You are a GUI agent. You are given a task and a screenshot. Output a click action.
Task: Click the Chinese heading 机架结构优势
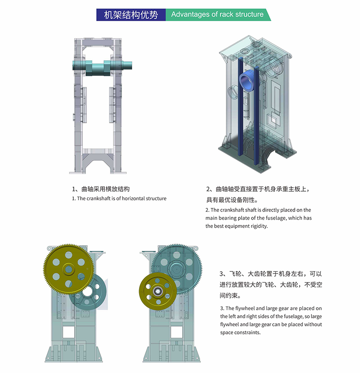131,15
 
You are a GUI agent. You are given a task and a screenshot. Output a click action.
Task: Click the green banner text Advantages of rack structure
217,14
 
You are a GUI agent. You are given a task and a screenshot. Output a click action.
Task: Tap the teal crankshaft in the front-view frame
102,67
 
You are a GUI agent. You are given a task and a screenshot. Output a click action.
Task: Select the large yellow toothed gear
69,270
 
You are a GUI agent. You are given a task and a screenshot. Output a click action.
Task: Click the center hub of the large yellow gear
68,270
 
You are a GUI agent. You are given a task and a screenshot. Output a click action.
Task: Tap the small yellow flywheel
158,291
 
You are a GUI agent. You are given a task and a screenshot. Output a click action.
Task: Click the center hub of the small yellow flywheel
157,291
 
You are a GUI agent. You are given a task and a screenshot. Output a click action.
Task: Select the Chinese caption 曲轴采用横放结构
105,189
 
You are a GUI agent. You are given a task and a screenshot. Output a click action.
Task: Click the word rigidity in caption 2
259,226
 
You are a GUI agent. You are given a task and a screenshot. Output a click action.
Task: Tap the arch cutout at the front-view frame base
98,166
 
